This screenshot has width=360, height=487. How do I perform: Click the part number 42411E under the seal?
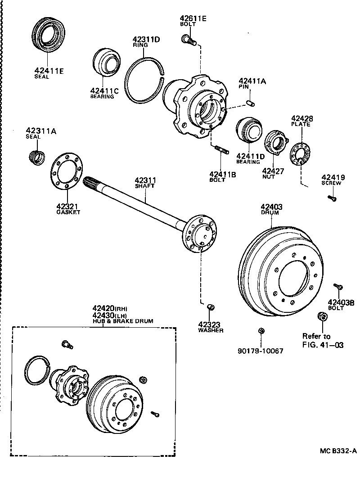click(49, 70)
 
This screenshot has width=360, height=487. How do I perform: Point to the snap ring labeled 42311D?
click(144, 81)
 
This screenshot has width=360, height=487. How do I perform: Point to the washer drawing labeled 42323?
click(210, 307)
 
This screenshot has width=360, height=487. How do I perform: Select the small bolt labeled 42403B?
click(339, 286)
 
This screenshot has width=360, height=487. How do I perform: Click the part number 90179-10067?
click(261, 350)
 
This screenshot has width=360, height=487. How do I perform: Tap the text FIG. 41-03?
click(323, 345)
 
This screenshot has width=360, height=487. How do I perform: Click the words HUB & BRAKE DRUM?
click(123, 321)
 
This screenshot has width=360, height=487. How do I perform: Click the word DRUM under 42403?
click(270, 212)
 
